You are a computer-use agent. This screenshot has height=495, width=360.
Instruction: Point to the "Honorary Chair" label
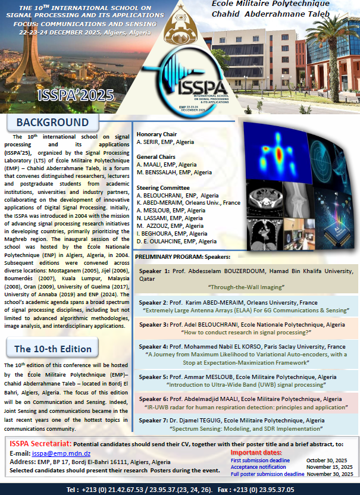tap(156, 134)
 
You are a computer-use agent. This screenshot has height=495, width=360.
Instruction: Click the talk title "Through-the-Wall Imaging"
tap(245, 286)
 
